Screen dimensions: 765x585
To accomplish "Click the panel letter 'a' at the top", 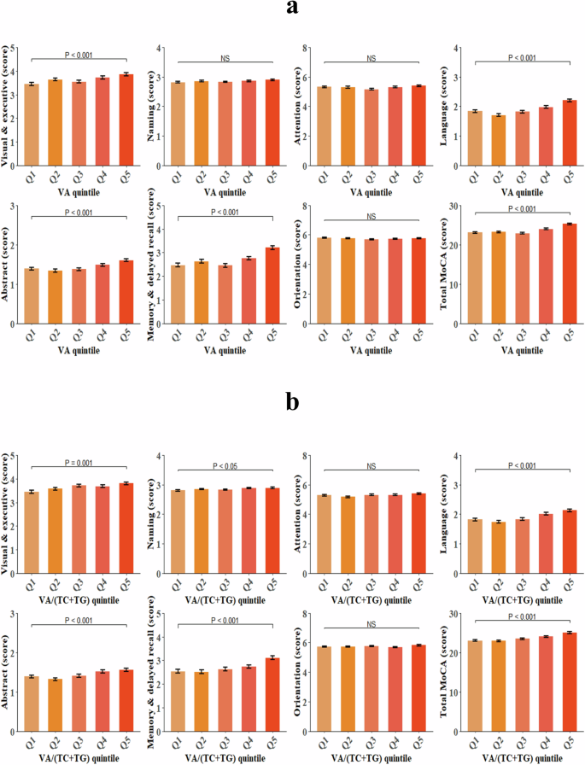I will pyautogui.click(x=292, y=9).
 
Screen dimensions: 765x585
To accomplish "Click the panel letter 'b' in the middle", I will pyautogui.click(x=292, y=401).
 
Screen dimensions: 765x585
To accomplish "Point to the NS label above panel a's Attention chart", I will pyautogui.click(x=371, y=57).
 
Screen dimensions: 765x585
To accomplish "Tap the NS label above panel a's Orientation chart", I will pyautogui.click(x=371, y=217).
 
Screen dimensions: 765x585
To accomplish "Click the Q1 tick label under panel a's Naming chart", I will pyautogui.click(x=178, y=181).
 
